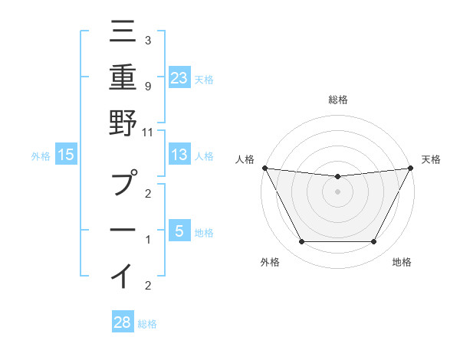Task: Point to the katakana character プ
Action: click(123, 185)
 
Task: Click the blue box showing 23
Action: click(179, 77)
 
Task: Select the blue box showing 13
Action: click(179, 155)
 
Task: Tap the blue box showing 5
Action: click(179, 231)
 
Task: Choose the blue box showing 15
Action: click(66, 155)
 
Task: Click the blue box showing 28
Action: click(123, 322)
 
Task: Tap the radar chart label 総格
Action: click(337, 100)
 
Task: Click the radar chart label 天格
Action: click(432, 159)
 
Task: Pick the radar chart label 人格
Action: click(245, 159)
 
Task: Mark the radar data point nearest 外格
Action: click(301, 242)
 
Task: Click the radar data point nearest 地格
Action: click(374, 242)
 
